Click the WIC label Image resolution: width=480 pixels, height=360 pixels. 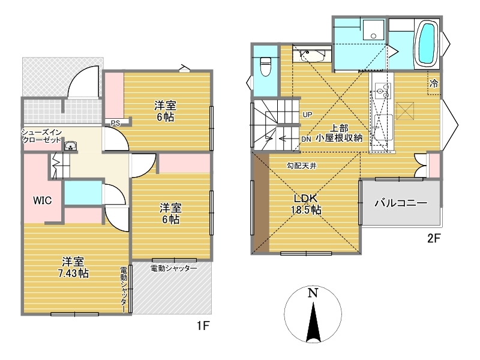click(x=42, y=201)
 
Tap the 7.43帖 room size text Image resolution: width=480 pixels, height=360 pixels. click(x=73, y=273)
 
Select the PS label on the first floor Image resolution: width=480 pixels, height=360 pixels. click(x=115, y=124)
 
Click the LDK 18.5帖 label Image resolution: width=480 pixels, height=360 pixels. click(x=306, y=204)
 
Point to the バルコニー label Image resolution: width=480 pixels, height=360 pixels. click(x=401, y=203)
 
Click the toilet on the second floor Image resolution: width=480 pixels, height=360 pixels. click(x=265, y=67)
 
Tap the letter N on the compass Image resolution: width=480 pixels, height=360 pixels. click(x=313, y=293)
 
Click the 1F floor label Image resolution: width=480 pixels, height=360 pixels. click(x=203, y=326)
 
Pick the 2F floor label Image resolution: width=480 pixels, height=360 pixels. click(x=434, y=238)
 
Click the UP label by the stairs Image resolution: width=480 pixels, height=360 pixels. click(x=307, y=115)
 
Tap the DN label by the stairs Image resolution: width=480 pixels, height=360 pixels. click(x=306, y=139)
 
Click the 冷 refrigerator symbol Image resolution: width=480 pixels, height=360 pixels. click(x=434, y=83)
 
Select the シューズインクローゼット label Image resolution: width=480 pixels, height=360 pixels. click(x=41, y=136)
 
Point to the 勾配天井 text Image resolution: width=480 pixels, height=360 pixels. click(x=302, y=166)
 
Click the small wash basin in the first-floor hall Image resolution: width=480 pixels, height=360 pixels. click(x=71, y=146)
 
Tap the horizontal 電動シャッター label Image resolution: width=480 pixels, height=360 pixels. click(x=173, y=268)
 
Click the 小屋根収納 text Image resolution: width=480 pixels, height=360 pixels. click(x=339, y=138)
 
